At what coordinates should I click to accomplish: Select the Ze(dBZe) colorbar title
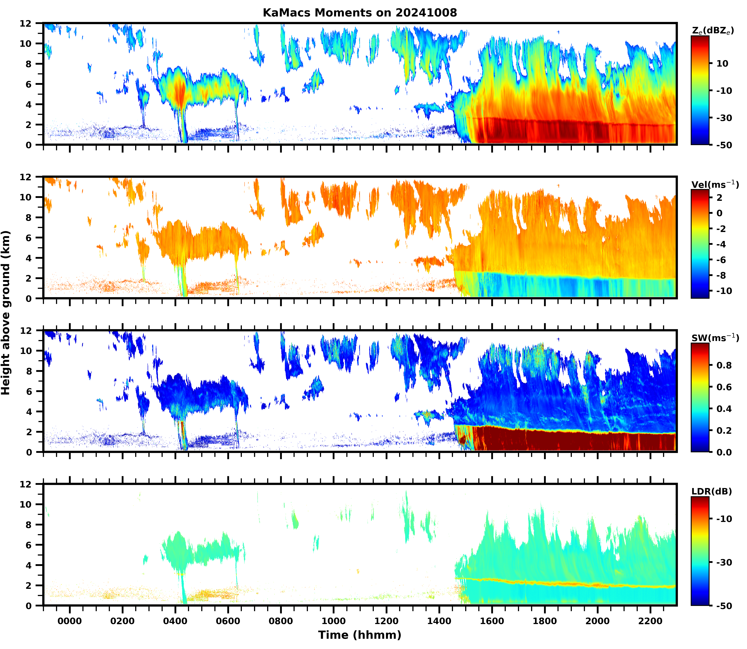tap(713, 31)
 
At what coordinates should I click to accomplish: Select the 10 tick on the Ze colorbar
tap(722, 63)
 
